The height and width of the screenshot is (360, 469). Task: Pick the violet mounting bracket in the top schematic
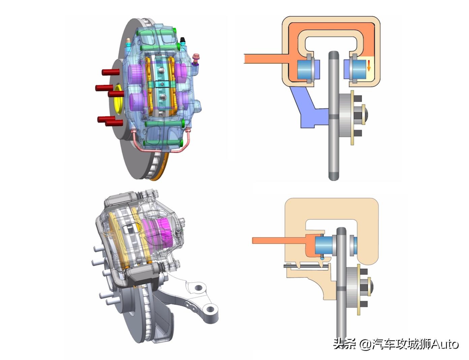click(307, 108)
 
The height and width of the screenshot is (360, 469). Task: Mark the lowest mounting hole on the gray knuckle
click(211, 308)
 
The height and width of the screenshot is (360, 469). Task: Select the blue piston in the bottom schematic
click(324, 245)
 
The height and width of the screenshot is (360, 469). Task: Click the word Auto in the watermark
click(444, 344)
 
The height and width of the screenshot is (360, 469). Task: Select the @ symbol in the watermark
click(364, 344)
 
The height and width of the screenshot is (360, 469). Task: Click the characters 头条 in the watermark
click(344, 344)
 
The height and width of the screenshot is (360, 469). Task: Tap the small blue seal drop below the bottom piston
click(322, 258)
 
